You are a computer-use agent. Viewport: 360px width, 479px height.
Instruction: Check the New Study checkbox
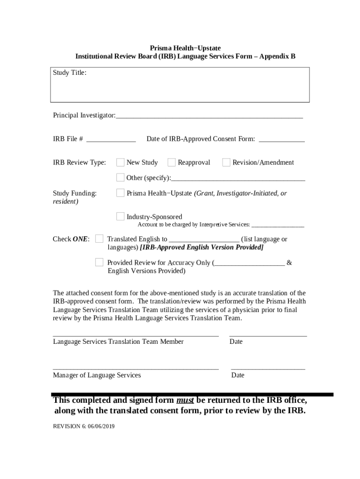121,162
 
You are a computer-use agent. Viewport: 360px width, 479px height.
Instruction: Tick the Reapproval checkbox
172,162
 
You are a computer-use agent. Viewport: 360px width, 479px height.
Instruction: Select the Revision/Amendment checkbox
226,162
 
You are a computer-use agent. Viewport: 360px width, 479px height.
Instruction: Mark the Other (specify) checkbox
121,177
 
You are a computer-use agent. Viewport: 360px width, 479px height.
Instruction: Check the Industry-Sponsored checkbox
121,216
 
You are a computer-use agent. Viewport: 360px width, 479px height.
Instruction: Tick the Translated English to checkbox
99,239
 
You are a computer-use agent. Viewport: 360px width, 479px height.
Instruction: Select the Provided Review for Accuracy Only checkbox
99,262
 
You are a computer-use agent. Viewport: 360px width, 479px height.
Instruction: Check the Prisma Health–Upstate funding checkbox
121,193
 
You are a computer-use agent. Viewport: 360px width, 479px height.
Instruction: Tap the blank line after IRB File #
111,140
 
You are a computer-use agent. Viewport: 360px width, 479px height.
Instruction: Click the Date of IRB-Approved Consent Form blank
281,140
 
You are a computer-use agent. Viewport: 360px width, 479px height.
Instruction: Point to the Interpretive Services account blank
278,225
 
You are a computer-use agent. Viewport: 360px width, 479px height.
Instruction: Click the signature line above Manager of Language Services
136,369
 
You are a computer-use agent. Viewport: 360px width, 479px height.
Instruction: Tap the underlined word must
185,400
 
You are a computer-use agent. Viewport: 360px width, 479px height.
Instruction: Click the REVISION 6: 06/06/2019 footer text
84,427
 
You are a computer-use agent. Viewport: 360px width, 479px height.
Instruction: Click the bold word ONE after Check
80,239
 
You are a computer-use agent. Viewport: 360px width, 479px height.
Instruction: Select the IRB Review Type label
79,162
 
